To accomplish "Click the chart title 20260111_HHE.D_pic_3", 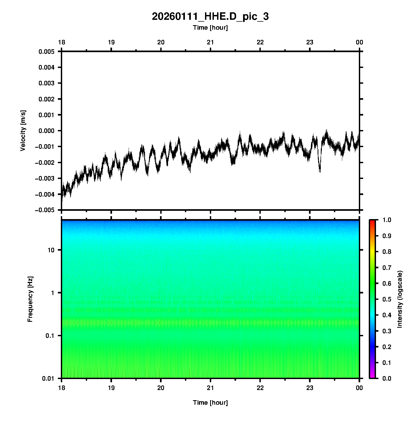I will (210, 17).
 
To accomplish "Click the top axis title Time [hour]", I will (210, 28).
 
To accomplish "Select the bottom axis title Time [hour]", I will (210, 403).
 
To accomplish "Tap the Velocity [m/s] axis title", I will (23, 131).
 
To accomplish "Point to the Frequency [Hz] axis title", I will (30, 299).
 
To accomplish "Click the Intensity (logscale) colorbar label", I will (400, 299).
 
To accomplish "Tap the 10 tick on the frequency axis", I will (51, 250).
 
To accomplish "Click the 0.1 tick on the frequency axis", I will (50, 336).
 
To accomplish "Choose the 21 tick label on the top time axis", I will (210, 42).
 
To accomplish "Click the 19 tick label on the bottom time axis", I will (111, 388).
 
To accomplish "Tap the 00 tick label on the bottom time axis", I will (359, 388).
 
